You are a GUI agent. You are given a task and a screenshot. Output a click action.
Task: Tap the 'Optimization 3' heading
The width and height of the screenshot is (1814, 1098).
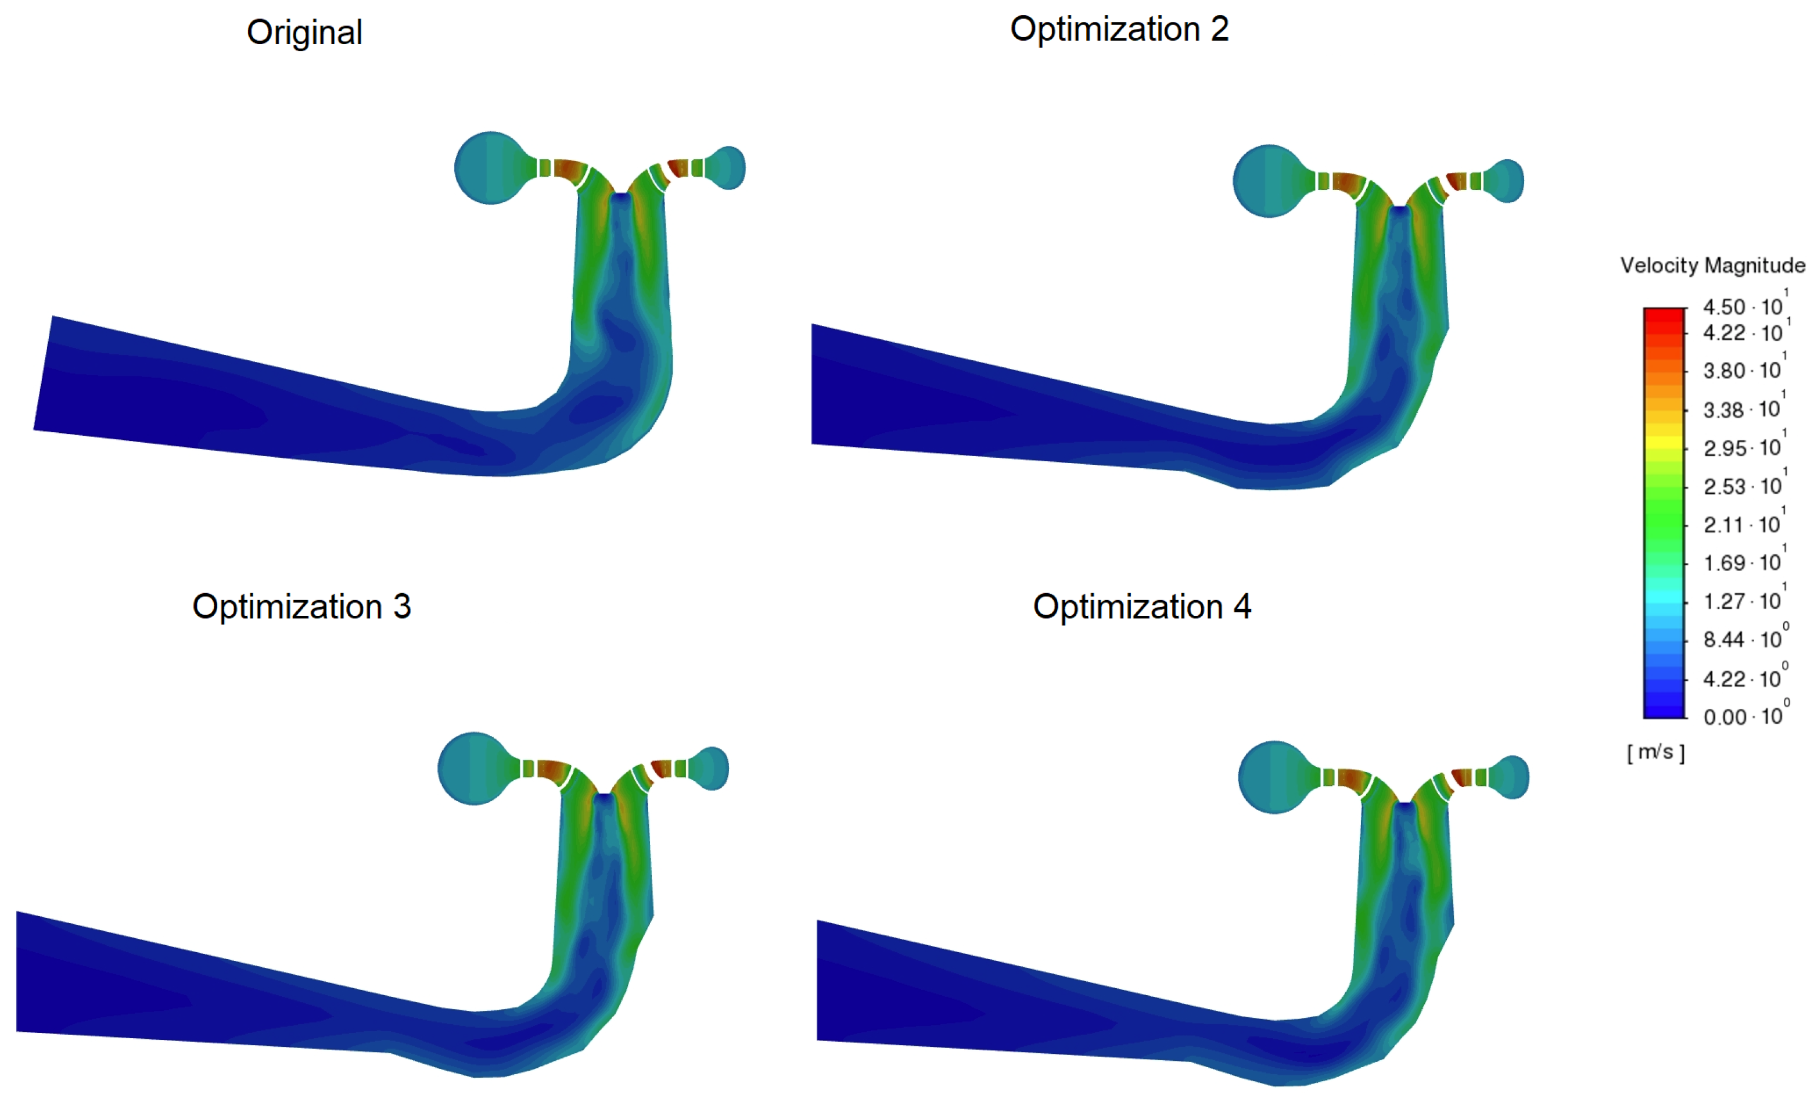click(x=301, y=607)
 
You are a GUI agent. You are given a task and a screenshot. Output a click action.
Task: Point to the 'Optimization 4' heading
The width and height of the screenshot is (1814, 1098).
click(x=1142, y=607)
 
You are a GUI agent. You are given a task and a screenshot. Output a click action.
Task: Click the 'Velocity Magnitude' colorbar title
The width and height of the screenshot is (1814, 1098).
click(x=1712, y=265)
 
